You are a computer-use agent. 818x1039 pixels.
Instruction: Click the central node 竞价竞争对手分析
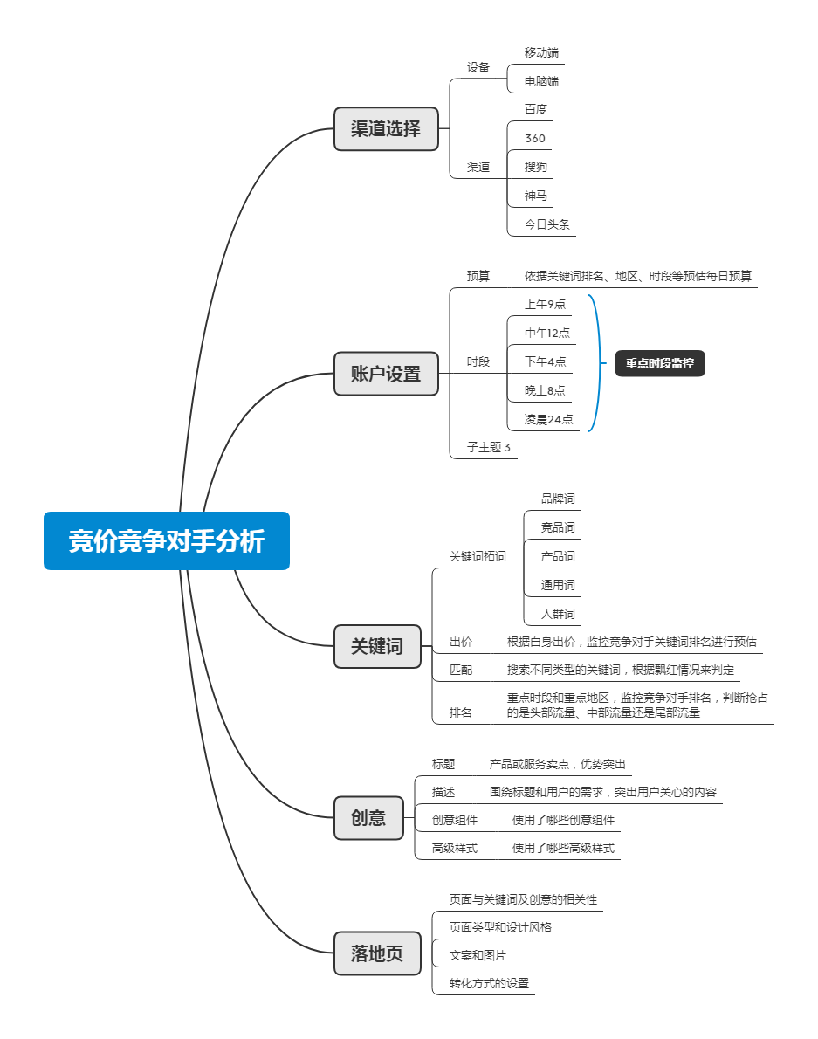click(x=166, y=540)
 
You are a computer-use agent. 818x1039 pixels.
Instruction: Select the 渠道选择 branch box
click(x=386, y=128)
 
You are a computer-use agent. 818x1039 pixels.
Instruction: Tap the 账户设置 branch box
click(x=386, y=374)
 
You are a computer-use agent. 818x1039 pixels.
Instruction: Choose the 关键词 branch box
click(x=377, y=646)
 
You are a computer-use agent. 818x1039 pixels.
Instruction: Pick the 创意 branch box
click(x=368, y=818)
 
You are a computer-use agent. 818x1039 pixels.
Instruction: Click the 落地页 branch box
click(x=377, y=953)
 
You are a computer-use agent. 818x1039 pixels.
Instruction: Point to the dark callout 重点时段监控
click(x=660, y=363)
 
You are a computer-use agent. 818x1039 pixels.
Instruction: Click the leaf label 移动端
click(x=542, y=52)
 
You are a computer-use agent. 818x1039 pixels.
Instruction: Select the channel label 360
click(x=535, y=139)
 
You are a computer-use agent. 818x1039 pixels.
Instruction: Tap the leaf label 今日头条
click(x=547, y=224)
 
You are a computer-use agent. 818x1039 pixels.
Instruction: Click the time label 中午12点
click(x=547, y=333)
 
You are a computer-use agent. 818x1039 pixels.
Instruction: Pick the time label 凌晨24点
click(x=548, y=419)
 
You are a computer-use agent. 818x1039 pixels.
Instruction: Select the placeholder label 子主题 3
click(x=489, y=447)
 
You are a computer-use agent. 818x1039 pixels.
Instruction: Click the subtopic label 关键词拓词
click(x=478, y=557)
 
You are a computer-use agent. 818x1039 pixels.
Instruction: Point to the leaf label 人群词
click(x=559, y=614)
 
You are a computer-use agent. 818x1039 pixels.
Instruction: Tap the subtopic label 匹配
click(x=461, y=670)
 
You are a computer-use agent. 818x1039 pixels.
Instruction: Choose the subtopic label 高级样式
click(x=454, y=848)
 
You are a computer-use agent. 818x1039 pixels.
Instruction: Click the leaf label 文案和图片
click(x=478, y=955)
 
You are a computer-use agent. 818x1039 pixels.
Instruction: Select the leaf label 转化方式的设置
click(x=490, y=983)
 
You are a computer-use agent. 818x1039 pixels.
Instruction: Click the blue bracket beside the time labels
click(x=600, y=363)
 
